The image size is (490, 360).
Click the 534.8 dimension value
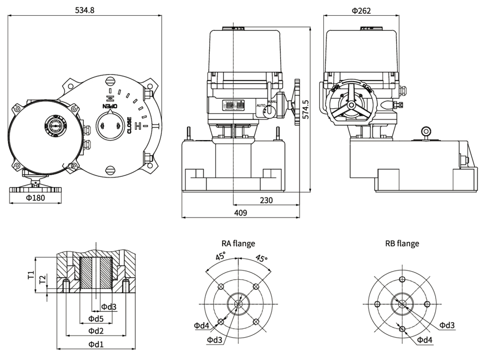click(x=85, y=10)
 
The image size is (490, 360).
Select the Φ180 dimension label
click(x=35, y=198)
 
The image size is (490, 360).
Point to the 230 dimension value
click(x=266, y=200)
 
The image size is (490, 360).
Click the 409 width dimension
click(x=240, y=212)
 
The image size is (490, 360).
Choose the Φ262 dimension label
click(x=361, y=10)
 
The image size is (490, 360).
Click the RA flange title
click(x=238, y=243)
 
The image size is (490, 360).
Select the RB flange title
click(x=402, y=243)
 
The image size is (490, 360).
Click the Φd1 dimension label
click(x=96, y=344)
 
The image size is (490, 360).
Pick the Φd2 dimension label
click(x=96, y=331)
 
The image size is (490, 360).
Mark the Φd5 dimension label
click(x=96, y=319)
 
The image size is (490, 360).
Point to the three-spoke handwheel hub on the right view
click(x=351, y=105)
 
